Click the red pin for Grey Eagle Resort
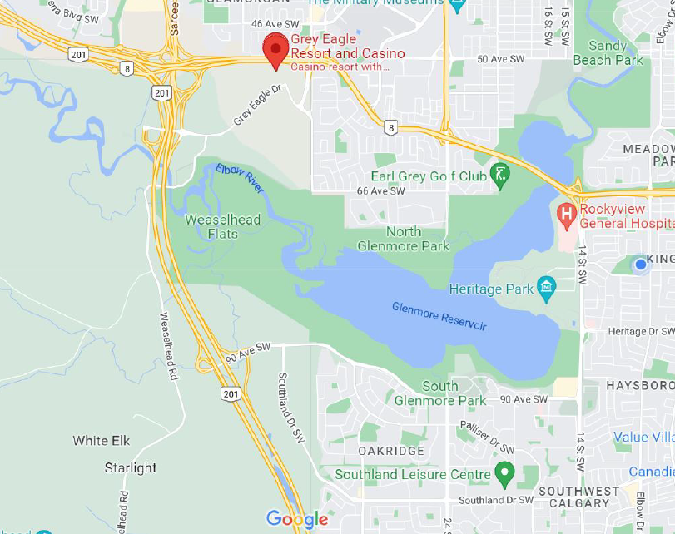pyautogui.click(x=275, y=52)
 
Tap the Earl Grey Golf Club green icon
pyautogui.click(x=500, y=176)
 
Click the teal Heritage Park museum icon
pyautogui.click(x=547, y=289)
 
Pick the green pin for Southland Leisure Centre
pyautogui.click(x=504, y=475)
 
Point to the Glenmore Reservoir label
pyautogui.click(x=439, y=316)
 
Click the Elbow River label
pyautogui.click(x=240, y=178)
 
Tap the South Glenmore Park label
pyautogui.click(x=440, y=393)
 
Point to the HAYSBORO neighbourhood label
pyautogui.click(x=639, y=386)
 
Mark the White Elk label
pyautogui.click(x=102, y=440)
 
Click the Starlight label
pyautogui.click(x=131, y=467)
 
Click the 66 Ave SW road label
pyautogui.click(x=380, y=191)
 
